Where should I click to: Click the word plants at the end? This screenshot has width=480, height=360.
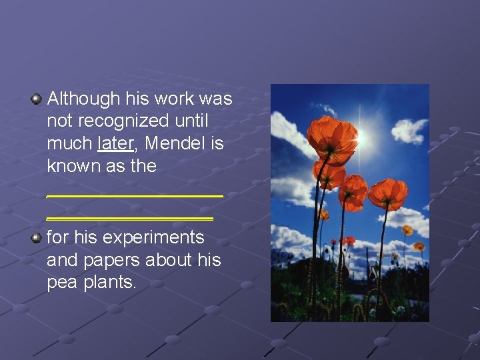[110, 282]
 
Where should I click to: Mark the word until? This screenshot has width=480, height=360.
[192, 121]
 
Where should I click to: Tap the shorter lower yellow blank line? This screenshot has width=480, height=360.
[130, 218]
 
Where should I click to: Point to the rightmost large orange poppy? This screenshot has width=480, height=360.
[388, 193]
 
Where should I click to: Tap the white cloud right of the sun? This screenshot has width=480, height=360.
[408, 129]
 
